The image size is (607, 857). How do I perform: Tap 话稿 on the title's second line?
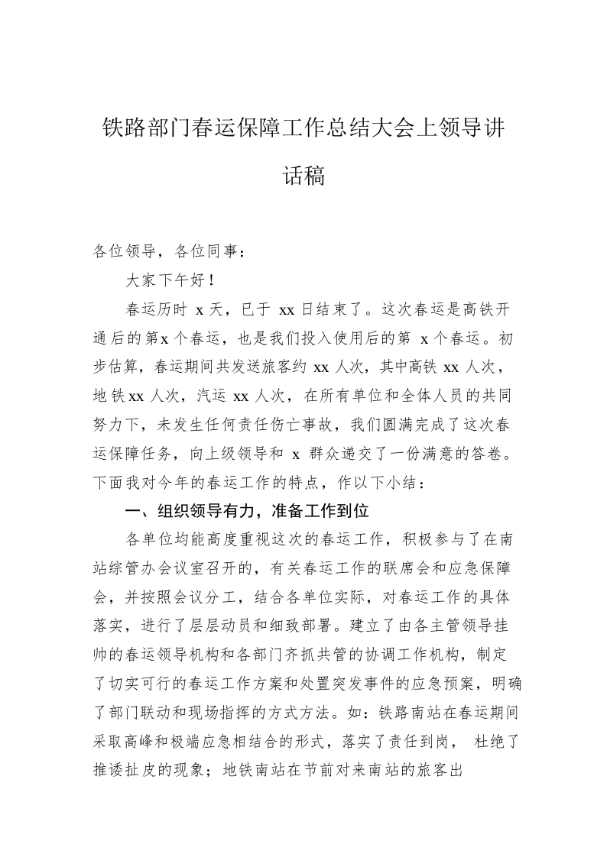(303, 176)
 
